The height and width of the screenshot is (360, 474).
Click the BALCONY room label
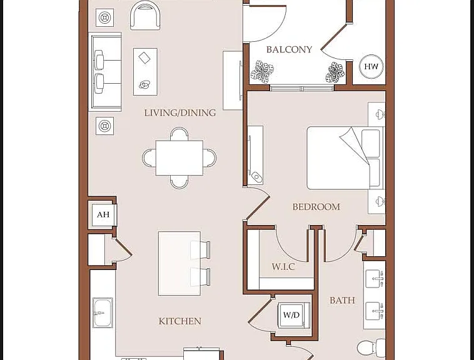point(289,49)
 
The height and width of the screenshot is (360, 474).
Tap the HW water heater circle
point(371,67)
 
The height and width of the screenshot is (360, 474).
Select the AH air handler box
point(103,214)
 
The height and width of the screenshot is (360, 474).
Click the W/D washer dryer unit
point(291,315)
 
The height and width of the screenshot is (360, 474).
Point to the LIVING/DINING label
point(180,113)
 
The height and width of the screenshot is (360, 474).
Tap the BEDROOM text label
point(316,207)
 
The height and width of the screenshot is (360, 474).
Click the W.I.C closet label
point(283,267)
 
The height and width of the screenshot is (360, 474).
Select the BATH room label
point(342,300)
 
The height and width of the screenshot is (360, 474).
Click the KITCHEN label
point(180,321)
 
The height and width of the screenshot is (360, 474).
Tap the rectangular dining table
point(179,157)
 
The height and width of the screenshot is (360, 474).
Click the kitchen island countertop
point(179,263)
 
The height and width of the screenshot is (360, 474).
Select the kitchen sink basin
point(103,313)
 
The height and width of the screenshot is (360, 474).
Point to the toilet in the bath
point(371,347)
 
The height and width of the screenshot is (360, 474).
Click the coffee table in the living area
point(145,72)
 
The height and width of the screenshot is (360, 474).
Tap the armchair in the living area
point(145,15)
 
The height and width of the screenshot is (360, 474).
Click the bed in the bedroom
point(345,158)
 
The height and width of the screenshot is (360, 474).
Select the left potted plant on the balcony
point(262,72)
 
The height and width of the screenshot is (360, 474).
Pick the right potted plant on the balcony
point(335,72)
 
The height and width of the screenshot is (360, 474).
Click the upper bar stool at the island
point(200,250)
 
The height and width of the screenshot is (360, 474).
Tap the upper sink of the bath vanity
point(374,279)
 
